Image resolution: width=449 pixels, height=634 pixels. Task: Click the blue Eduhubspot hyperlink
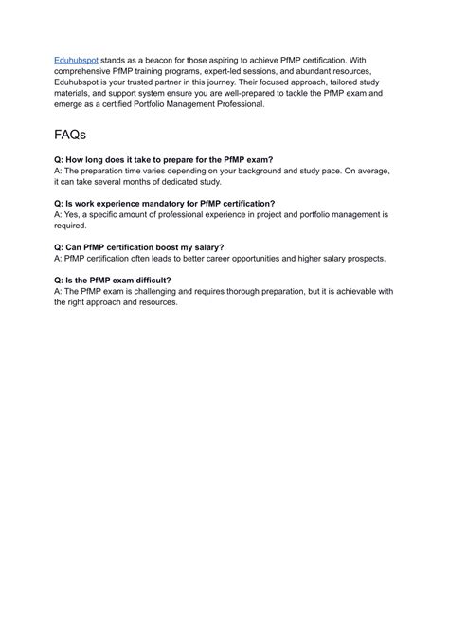coord(77,59)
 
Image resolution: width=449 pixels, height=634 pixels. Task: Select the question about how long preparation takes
coord(163,161)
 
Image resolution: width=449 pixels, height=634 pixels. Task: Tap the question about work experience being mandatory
coord(165,204)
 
